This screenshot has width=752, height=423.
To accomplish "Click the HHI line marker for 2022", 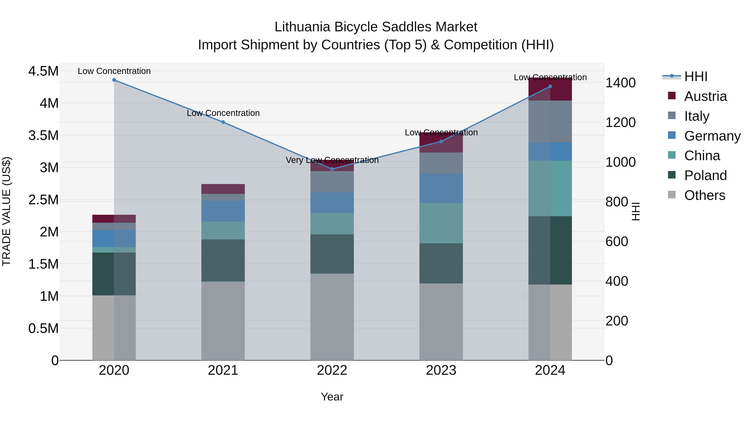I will tap(332, 169).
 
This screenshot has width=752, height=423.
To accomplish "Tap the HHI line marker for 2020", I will tap(114, 80).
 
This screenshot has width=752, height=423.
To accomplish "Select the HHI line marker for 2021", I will tap(223, 122).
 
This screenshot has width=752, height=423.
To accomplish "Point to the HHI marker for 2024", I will tap(550, 86).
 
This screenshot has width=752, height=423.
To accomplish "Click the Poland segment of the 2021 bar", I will tap(223, 260).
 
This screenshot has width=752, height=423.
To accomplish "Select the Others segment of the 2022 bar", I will tap(332, 317).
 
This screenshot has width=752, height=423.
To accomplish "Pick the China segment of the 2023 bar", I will tap(441, 223).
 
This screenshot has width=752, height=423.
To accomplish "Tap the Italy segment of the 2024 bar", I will tap(550, 121).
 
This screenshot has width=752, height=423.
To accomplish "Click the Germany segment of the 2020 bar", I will tap(114, 239).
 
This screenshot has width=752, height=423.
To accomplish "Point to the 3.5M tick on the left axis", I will tap(43, 135).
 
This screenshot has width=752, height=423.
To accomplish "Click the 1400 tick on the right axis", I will tap(620, 83).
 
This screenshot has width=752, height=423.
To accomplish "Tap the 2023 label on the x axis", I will tap(441, 370).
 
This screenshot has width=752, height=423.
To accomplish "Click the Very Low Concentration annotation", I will tap(332, 160).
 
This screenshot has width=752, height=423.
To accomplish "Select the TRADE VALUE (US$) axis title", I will tap(6, 211).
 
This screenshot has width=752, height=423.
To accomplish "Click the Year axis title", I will tap(332, 397).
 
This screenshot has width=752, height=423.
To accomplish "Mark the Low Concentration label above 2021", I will tap(223, 113).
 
